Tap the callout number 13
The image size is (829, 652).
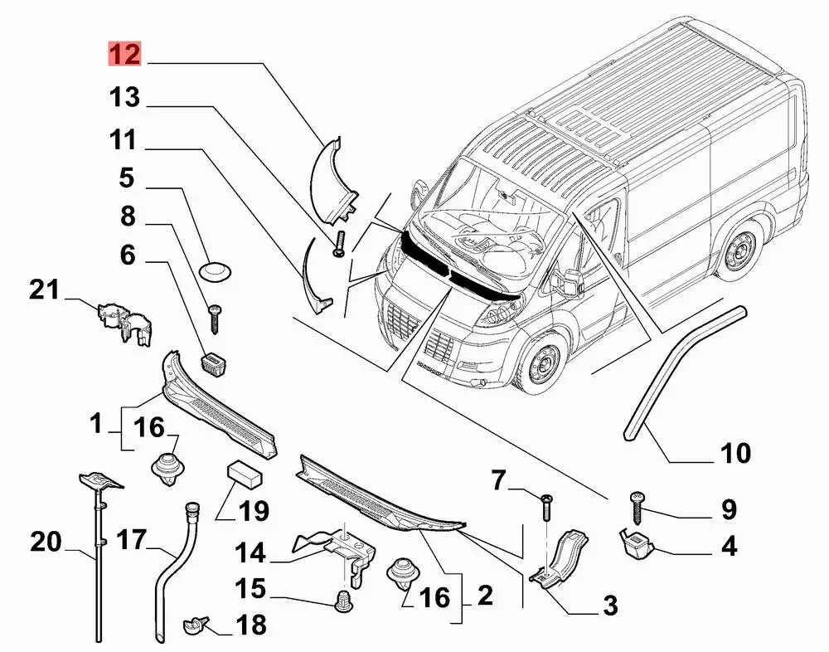(124, 100)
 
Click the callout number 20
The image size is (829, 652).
(46, 543)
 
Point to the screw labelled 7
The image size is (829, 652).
(547, 505)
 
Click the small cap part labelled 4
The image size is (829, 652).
(638, 544)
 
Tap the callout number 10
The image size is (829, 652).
(734, 454)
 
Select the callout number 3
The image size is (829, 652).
(610, 606)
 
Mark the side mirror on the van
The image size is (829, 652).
(572, 283)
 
